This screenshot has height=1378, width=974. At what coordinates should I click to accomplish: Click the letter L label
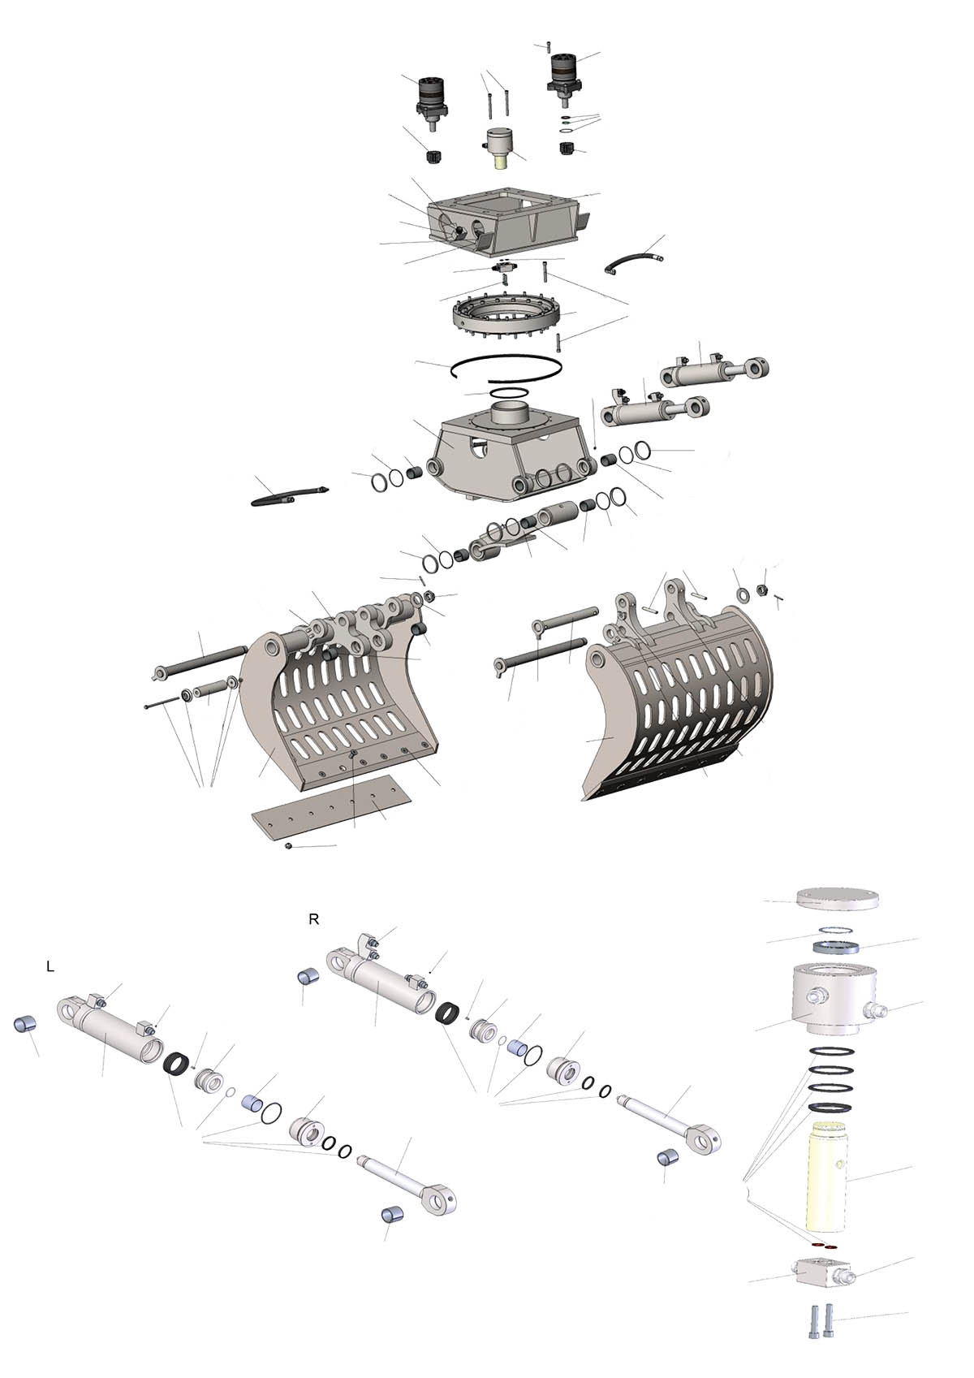50,966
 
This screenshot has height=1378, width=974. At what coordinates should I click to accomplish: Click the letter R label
313,920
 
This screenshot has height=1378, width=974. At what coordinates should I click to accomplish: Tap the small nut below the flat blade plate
288,847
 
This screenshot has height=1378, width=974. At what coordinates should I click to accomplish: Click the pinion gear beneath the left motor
435,156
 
